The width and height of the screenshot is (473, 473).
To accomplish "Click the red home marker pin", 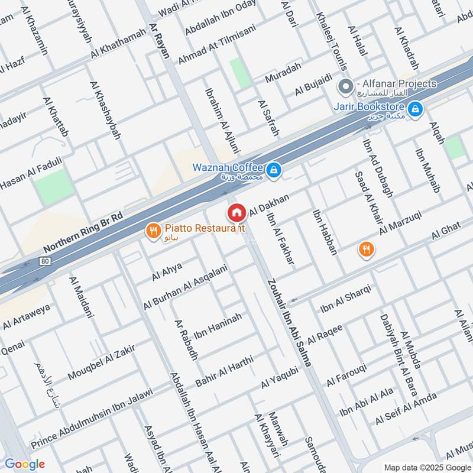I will point(237,212).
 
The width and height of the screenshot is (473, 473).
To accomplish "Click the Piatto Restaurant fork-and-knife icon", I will point(154,231).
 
